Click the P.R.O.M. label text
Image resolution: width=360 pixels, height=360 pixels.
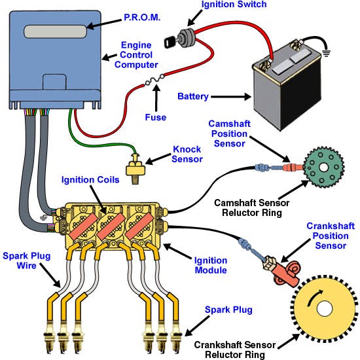click(x=142, y=18)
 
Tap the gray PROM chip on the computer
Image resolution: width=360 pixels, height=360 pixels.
click(x=56, y=31)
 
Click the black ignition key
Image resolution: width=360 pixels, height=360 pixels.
click(x=170, y=42)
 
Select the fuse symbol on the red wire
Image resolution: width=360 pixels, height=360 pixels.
click(x=154, y=80)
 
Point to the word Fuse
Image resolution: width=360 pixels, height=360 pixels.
click(x=155, y=117)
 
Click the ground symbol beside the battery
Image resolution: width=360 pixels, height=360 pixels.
click(x=326, y=53)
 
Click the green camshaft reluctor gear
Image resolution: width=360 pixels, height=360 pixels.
click(x=324, y=167)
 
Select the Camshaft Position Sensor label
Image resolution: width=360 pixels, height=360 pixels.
click(x=229, y=134)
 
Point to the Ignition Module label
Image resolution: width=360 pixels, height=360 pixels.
click(x=211, y=265)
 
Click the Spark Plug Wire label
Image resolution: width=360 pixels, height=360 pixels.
click(x=27, y=261)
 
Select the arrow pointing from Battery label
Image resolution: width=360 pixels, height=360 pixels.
click(x=231, y=97)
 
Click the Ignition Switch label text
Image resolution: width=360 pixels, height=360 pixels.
click(x=234, y=5)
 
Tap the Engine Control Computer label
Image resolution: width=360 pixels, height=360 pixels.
click(x=136, y=55)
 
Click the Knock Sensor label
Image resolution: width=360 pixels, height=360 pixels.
click(x=187, y=154)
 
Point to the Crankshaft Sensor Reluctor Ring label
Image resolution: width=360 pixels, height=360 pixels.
click(x=235, y=350)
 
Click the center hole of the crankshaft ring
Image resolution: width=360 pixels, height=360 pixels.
click(x=325, y=308)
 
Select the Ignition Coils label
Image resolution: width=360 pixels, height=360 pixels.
click(x=90, y=179)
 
